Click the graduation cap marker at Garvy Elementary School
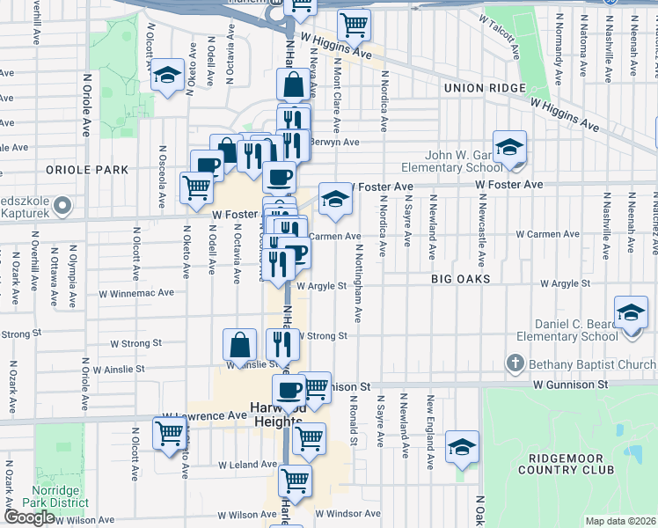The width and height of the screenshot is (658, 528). [x=508, y=147]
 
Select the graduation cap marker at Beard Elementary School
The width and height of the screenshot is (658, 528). [x=631, y=314]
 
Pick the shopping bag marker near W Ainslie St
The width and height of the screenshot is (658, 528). [x=239, y=345]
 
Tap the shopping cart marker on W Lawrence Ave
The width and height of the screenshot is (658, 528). [x=169, y=433]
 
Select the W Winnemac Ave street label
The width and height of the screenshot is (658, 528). [x=143, y=293]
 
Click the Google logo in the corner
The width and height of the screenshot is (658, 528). [x=30, y=517]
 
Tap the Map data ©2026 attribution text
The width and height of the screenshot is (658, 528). [x=620, y=521]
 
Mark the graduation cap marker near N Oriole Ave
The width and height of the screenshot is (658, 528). [x=165, y=76]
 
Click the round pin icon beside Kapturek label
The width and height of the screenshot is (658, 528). [x=62, y=206]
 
